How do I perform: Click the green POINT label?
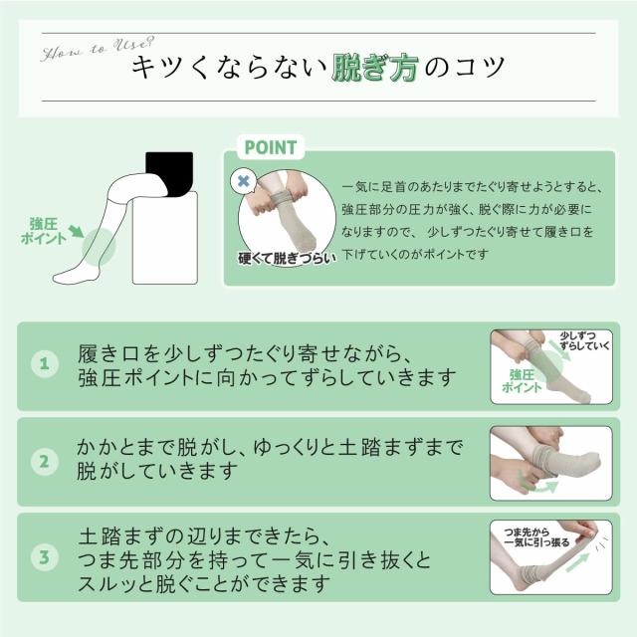[271, 147]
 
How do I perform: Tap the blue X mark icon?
[243, 181]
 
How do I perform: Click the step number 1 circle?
[45, 363]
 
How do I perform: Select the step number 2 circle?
[45, 462]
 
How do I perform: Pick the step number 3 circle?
[45, 557]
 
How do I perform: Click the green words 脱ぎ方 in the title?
[374, 68]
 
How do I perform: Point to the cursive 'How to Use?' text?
[98, 49]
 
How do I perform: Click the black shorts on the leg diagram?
[170, 173]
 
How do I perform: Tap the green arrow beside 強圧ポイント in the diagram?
[76, 231]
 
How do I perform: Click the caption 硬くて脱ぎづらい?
[288, 259]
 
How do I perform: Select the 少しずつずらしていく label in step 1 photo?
[584, 340]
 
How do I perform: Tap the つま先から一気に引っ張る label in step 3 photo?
[536, 537]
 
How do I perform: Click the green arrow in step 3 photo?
[577, 562]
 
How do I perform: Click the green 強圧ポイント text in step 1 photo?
[522, 380]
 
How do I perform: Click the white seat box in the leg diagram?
[165, 238]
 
